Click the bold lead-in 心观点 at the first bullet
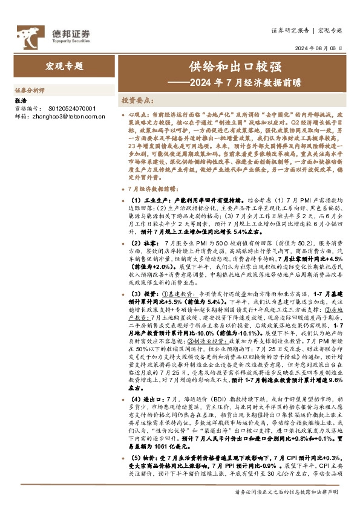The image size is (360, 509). pos(136,114)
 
